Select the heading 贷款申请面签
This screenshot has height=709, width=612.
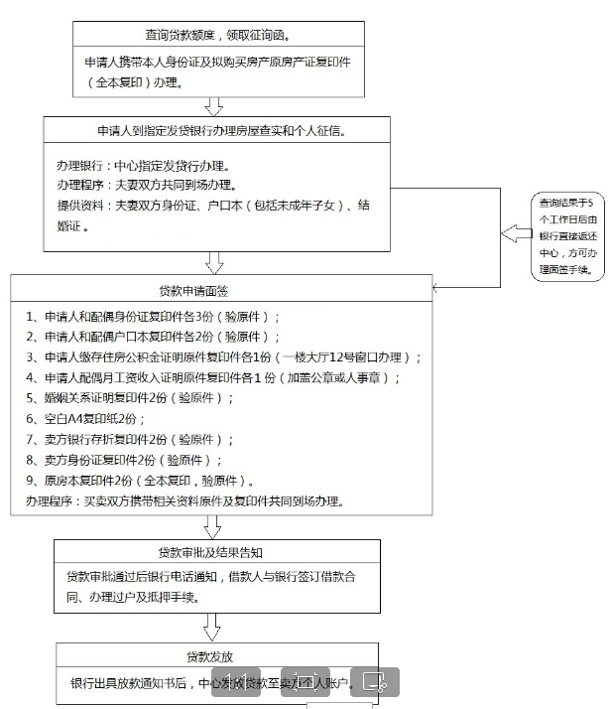[x=213, y=291]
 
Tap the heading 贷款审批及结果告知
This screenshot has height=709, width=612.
[x=213, y=553]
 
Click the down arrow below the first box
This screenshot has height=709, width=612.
[x=213, y=105]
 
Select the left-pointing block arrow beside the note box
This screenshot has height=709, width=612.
[x=515, y=234]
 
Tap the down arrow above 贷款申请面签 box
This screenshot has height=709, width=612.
[x=213, y=262]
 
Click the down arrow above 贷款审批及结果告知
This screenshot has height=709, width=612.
[x=212, y=526]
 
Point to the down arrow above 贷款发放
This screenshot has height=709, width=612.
[x=212, y=628]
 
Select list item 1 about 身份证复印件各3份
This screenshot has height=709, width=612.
[x=154, y=317]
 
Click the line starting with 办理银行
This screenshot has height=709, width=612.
[x=142, y=166]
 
